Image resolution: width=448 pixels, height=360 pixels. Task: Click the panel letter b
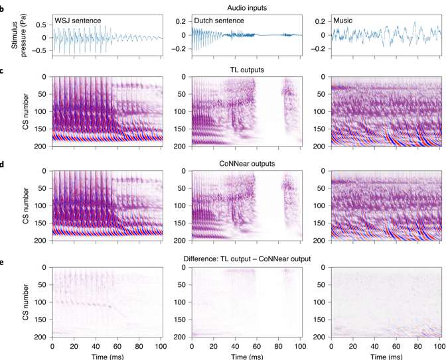(3, 7)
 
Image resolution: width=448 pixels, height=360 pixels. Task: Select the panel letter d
(3, 162)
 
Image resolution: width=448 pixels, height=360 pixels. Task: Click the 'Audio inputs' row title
(246, 7)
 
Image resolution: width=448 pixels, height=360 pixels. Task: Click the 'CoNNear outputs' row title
(246, 163)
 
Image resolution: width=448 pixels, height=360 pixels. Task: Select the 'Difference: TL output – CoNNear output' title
(246, 258)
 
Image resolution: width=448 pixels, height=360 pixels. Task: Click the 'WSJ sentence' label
(78, 21)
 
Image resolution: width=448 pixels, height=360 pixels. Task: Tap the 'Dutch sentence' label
(220, 21)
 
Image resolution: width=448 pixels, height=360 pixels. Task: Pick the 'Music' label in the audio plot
(343, 21)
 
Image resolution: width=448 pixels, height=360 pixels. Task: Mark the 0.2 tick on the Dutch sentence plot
(180, 21)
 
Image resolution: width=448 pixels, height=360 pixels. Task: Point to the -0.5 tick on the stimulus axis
(40, 50)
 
